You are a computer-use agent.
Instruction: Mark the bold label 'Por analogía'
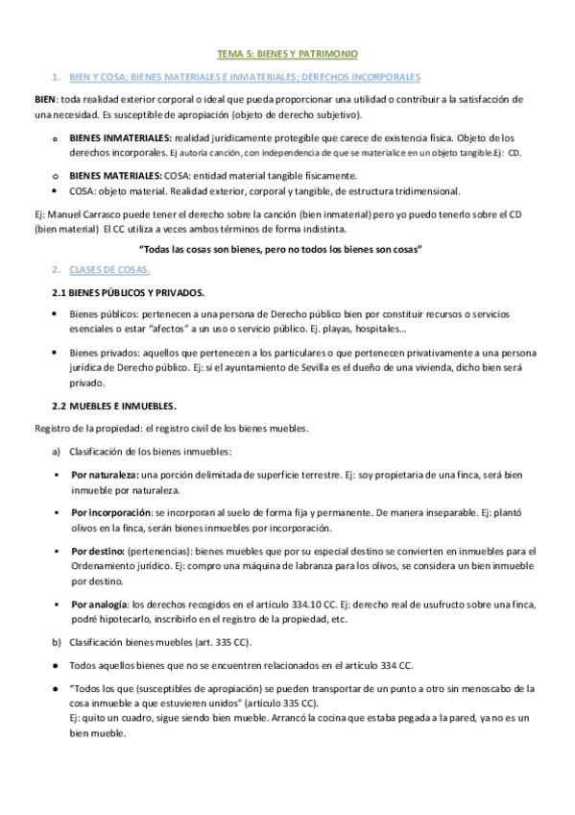99,604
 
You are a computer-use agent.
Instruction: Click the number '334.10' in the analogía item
291,604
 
